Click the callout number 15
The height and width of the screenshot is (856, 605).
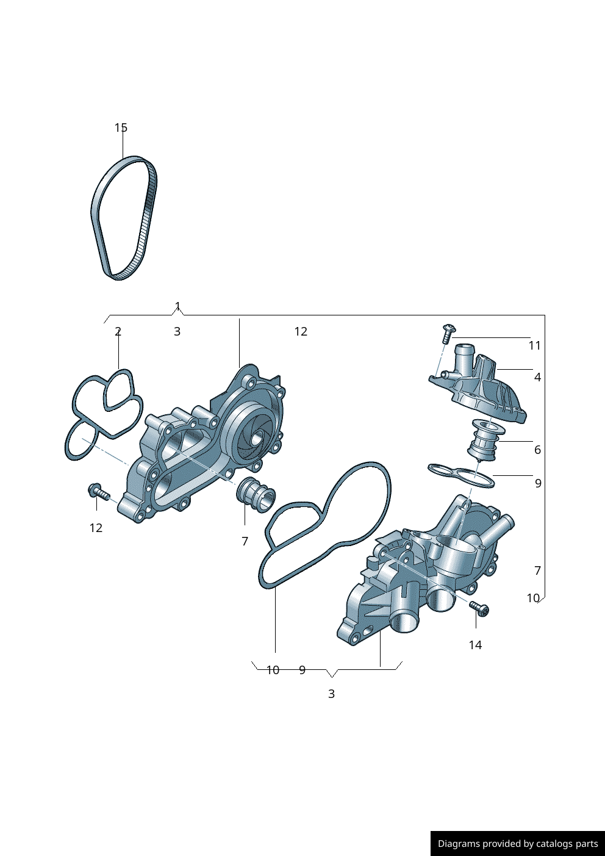click(x=121, y=128)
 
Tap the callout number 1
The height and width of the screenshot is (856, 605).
click(x=177, y=306)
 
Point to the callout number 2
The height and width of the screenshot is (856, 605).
click(x=118, y=331)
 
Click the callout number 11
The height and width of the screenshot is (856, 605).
click(x=534, y=345)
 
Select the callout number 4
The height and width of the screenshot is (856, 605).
click(x=537, y=377)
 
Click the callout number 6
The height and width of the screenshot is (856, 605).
click(x=537, y=450)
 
